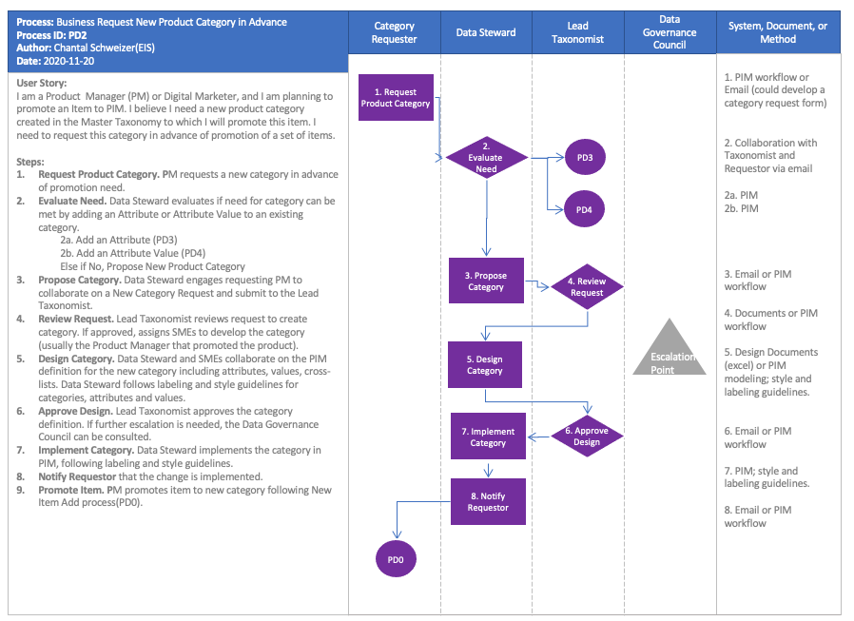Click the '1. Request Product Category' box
tap(395, 97)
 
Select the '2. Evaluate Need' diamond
tap(486, 157)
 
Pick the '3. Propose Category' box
tap(486, 281)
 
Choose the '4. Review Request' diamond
tap(587, 286)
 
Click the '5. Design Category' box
tap(485, 364)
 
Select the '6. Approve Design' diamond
tap(587, 437)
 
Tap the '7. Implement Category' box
tap(488, 437)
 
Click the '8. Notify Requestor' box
tap(488, 501)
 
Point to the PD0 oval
tap(396, 560)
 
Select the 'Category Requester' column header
tap(395, 32)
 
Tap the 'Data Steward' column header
tap(486, 32)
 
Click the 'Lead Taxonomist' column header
tap(578, 32)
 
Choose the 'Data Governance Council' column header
tap(670, 32)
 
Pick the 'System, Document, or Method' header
tap(778, 32)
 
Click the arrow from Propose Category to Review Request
tap(537, 283)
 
